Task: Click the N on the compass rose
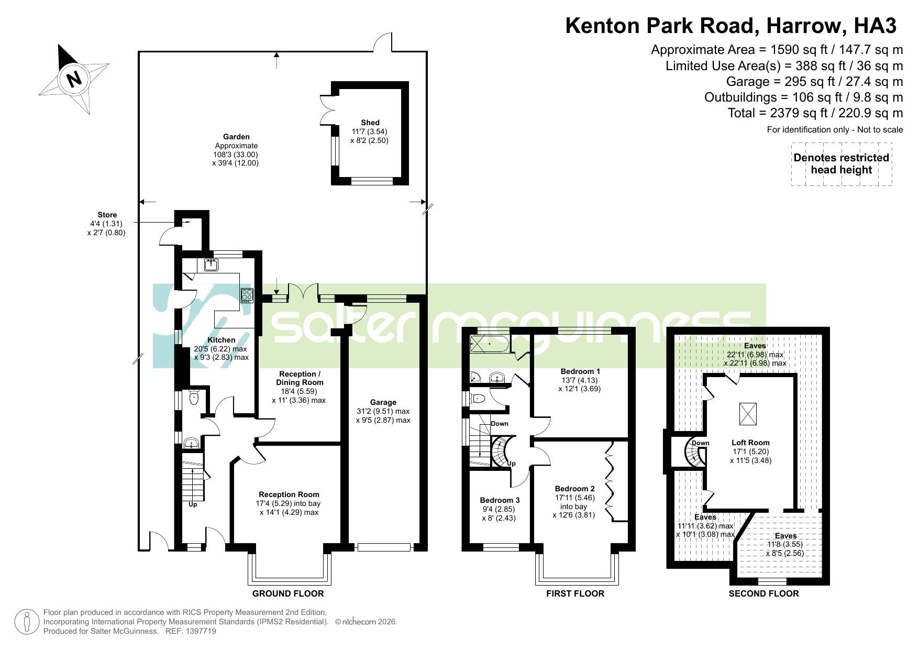coord(74,79)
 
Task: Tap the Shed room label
coord(370,123)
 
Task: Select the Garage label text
coord(383,402)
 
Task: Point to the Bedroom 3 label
coord(500,500)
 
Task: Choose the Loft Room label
coord(750,443)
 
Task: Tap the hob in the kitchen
coord(247,296)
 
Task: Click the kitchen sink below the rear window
coord(212,265)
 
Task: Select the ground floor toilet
coord(194,398)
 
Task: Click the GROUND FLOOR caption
coord(288,593)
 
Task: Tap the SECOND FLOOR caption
coord(763,593)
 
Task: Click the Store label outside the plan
coord(107,215)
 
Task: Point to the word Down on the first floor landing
coord(500,424)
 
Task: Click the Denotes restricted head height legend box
coord(841,163)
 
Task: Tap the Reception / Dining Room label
coord(299,378)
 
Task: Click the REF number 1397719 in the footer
coord(202,631)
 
